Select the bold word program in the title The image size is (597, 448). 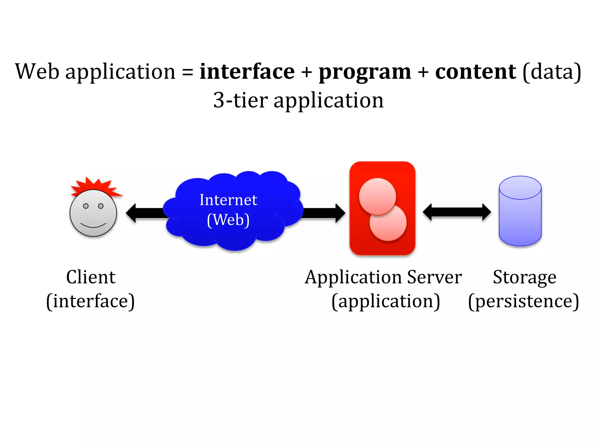point(365,72)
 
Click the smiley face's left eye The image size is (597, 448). point(86,206)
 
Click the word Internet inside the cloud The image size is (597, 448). point(228,200)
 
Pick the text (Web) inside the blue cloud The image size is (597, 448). point(228,220)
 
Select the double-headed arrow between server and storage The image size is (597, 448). point(456,212)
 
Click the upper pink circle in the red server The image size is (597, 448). point(377,196)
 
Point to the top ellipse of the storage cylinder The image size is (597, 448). point(520,188)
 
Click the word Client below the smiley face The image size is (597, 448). point(91,277)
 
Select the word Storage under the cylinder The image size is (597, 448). point(524,277)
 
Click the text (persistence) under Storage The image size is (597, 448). point(524,301)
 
